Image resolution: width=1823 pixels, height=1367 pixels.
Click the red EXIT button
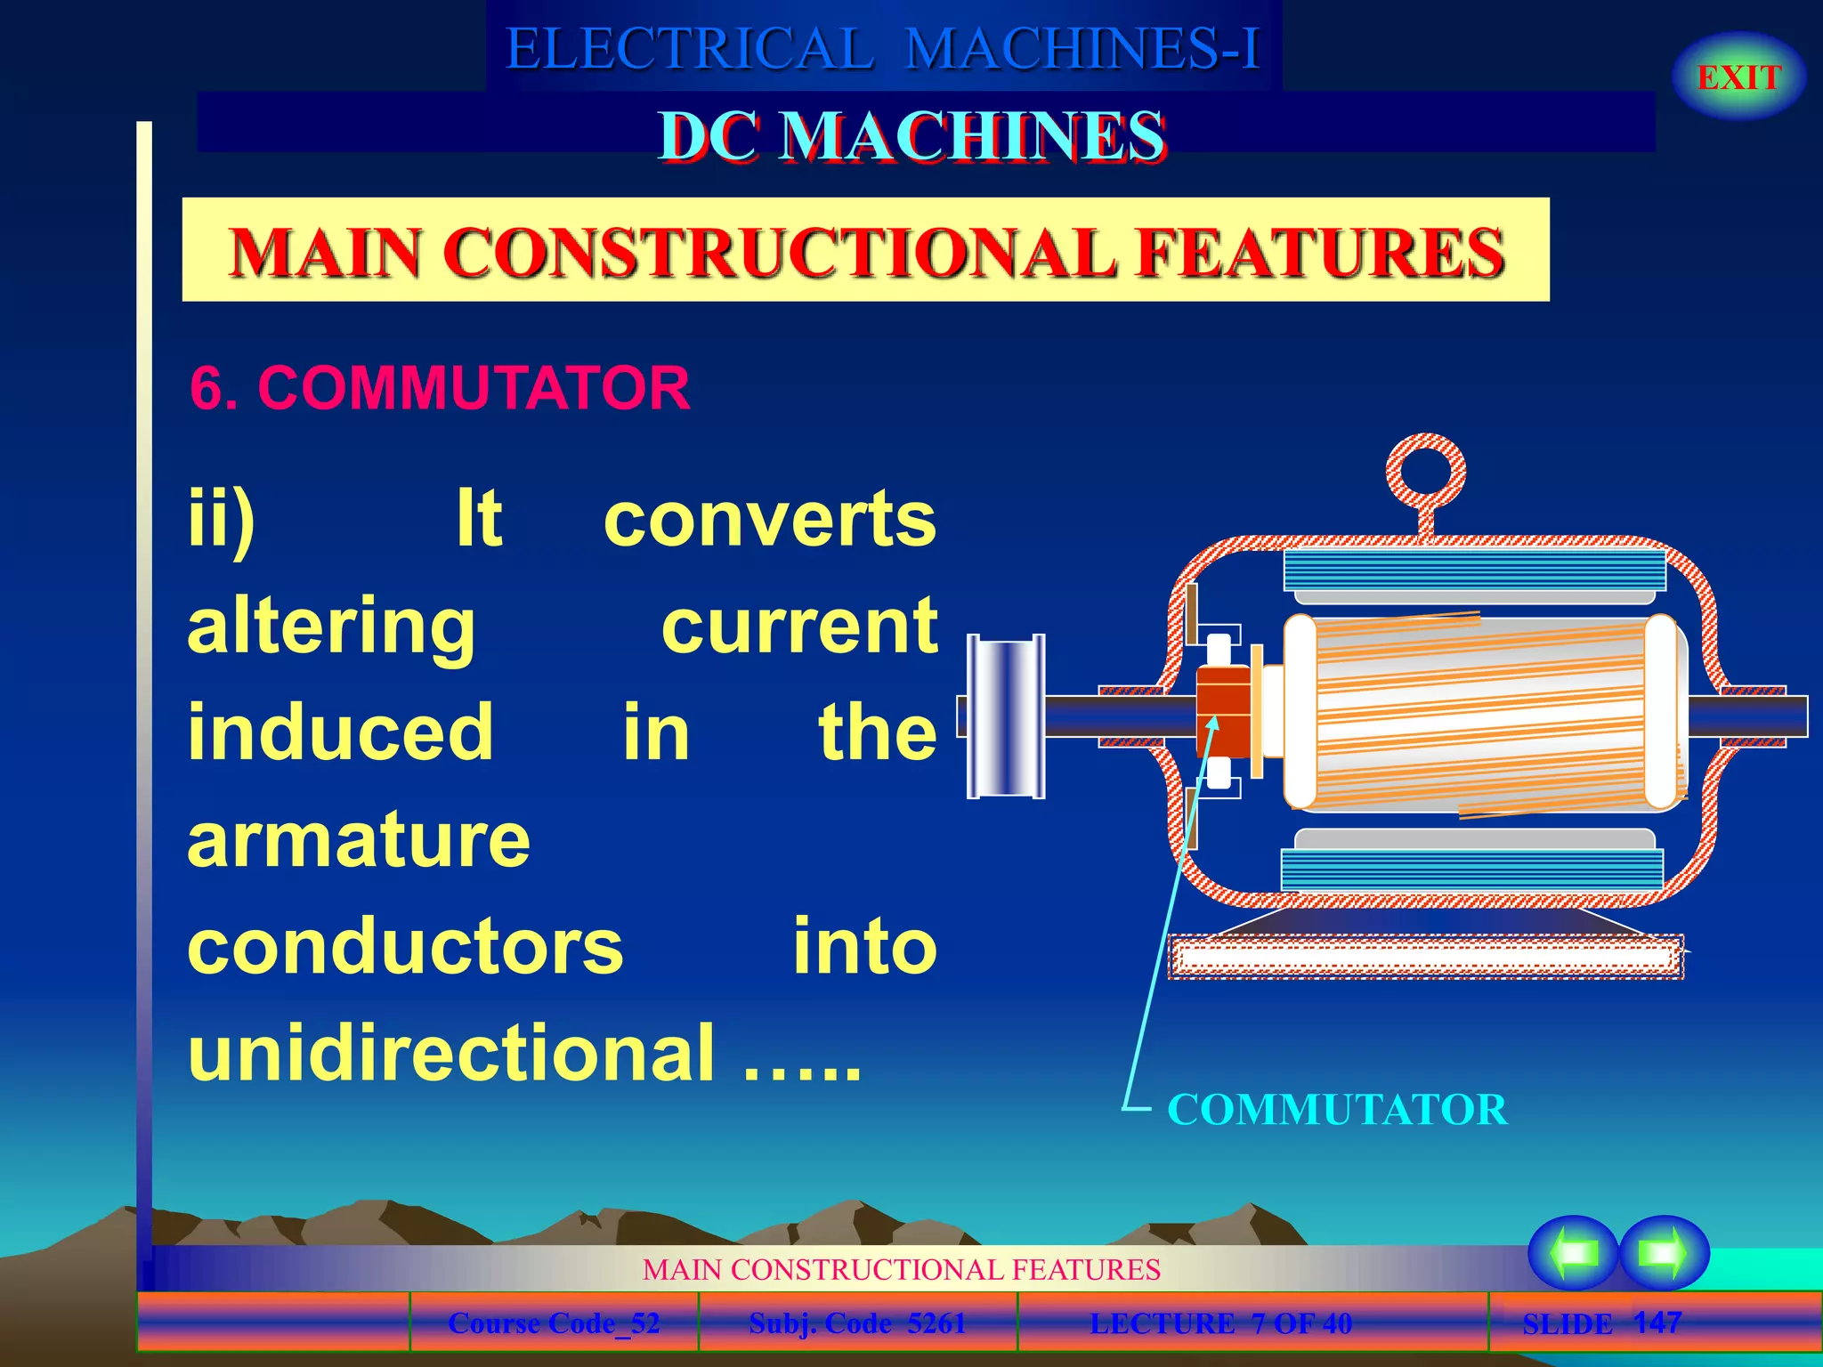tap(1738, 77)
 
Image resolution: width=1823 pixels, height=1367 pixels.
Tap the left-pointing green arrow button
tap(1573, 1252)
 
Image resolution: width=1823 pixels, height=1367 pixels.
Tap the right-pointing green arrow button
tap(1664, 1252)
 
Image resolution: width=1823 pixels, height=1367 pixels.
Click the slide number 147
tap(1657, 1322)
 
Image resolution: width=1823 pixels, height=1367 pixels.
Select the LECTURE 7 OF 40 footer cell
tap(1220, 1323)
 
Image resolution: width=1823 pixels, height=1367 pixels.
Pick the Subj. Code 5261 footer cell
tap(857, 1323)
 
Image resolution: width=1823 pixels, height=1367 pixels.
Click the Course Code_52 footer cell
tap(554, 1323)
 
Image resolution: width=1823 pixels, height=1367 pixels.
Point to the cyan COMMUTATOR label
tap(1337, 1110)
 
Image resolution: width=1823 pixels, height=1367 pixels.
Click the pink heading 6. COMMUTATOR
tap(440, 388)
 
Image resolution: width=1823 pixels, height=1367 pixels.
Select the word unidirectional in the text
tap(452, 1053)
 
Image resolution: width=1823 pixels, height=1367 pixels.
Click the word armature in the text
tap(359, 840)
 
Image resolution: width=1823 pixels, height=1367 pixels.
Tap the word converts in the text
tap(770, 519)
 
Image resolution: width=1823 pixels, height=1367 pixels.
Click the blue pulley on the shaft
tap(1006, 716)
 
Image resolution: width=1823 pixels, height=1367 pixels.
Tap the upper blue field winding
tap(1474, 570)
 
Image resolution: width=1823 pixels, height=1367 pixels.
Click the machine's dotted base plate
tap(1424, 957)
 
